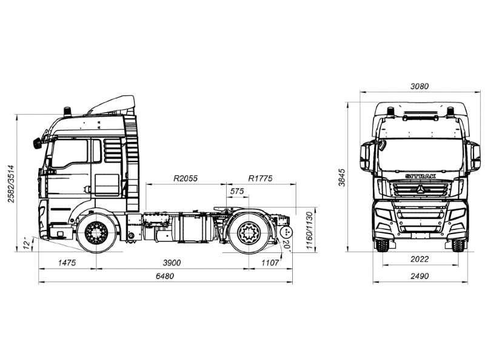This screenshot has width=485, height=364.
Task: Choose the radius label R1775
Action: pyautogui.click(x=261, y=178)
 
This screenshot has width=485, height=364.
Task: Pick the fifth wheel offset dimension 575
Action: pyautogui.click(x=237, y=192)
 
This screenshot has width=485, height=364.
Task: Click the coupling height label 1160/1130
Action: pyautogui.click(x=309, y=229)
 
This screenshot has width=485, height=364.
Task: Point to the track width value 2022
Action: pyautogui.click(x=419, y=258)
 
